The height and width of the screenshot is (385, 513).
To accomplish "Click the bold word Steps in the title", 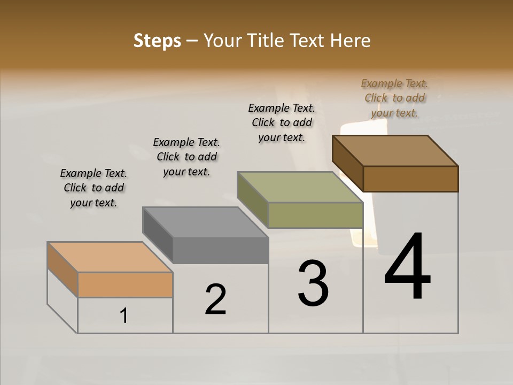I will pos(157,41).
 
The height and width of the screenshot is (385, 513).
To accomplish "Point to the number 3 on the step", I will pos(313,283).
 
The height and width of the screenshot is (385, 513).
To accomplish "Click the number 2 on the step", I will pos(215,299).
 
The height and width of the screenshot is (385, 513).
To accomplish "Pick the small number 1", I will pos(123,316).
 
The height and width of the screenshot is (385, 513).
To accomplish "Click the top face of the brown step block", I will pos(395,151).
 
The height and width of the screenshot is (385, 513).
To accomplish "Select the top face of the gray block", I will pos(205,222).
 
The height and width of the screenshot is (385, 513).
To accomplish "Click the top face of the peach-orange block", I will pos(110,257).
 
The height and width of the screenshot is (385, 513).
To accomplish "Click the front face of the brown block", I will pos(410,179).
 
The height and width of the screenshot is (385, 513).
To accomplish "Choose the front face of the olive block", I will pos(315,215).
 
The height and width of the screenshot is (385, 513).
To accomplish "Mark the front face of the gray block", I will pos(220,250).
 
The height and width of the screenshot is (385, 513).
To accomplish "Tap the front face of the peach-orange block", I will pos(125,284).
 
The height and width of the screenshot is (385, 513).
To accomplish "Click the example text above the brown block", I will pos(394,98).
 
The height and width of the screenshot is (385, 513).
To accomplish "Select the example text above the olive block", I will pos(282,122).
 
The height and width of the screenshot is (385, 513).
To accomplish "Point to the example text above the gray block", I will pos(186,157).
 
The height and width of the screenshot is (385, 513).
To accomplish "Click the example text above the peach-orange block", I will pos(94,188).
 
